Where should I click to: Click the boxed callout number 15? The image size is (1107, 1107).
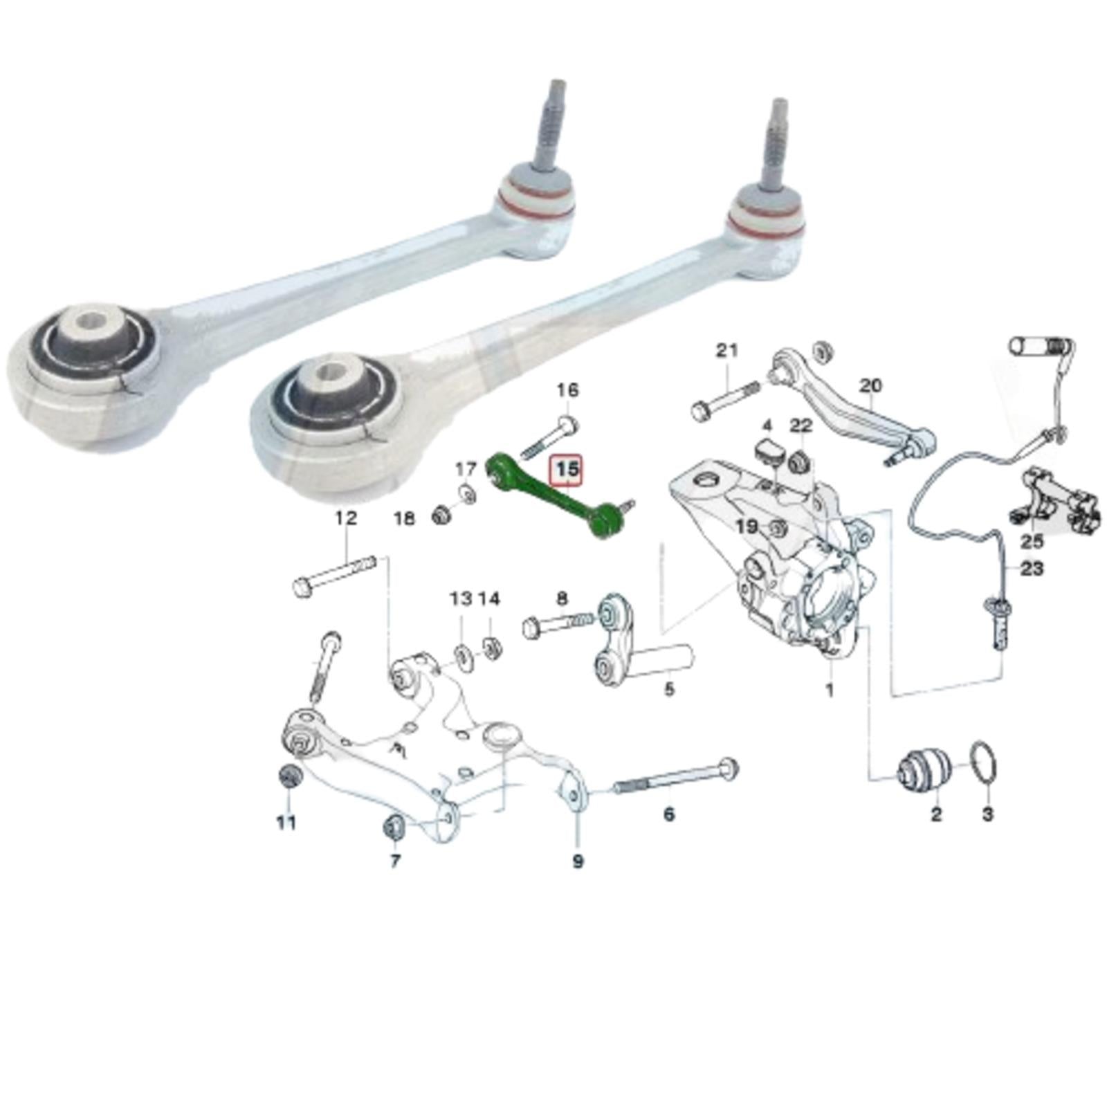[x=566, y=470]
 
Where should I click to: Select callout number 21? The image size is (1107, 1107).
[x=726, y=351]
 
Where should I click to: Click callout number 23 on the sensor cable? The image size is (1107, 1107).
[x=1031, y=569]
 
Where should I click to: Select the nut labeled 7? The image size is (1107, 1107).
[x=395, y=827]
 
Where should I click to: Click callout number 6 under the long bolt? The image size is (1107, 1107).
[x=668, y=814]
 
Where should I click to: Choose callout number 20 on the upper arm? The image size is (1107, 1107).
[x=871, y=385]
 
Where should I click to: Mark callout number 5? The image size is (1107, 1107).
[x=668, y=689]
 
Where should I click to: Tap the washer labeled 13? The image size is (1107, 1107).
[x=461, y=654]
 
